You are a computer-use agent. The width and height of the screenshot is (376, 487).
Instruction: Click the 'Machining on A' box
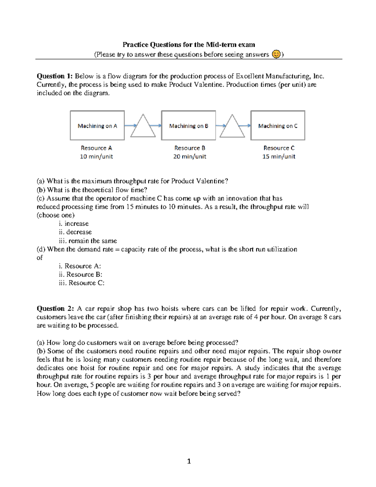97,125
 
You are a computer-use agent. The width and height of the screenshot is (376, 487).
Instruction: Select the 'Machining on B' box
188,125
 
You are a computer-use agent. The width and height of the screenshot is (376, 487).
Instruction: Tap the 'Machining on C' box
278,125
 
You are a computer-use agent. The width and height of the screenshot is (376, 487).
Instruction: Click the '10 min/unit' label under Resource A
97,156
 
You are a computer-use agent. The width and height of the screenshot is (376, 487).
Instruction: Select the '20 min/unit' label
190,156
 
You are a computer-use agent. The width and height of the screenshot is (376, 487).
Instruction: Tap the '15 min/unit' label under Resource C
279,156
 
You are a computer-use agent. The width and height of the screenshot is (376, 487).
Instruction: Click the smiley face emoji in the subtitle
276,54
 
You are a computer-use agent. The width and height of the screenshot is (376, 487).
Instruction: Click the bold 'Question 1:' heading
55,76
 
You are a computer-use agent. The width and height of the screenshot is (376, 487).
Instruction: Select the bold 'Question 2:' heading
55,309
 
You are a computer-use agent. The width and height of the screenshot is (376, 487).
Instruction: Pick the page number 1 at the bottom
189,461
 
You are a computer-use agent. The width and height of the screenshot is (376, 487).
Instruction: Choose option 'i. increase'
74,224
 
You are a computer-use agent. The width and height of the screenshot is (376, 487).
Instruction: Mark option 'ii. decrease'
75,232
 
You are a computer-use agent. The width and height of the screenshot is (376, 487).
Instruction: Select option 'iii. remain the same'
88,241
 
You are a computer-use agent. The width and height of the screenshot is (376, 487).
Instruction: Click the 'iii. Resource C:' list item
81,283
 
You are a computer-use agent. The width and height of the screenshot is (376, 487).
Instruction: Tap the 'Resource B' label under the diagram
190,148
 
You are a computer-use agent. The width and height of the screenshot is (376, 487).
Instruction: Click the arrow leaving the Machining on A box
130,125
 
